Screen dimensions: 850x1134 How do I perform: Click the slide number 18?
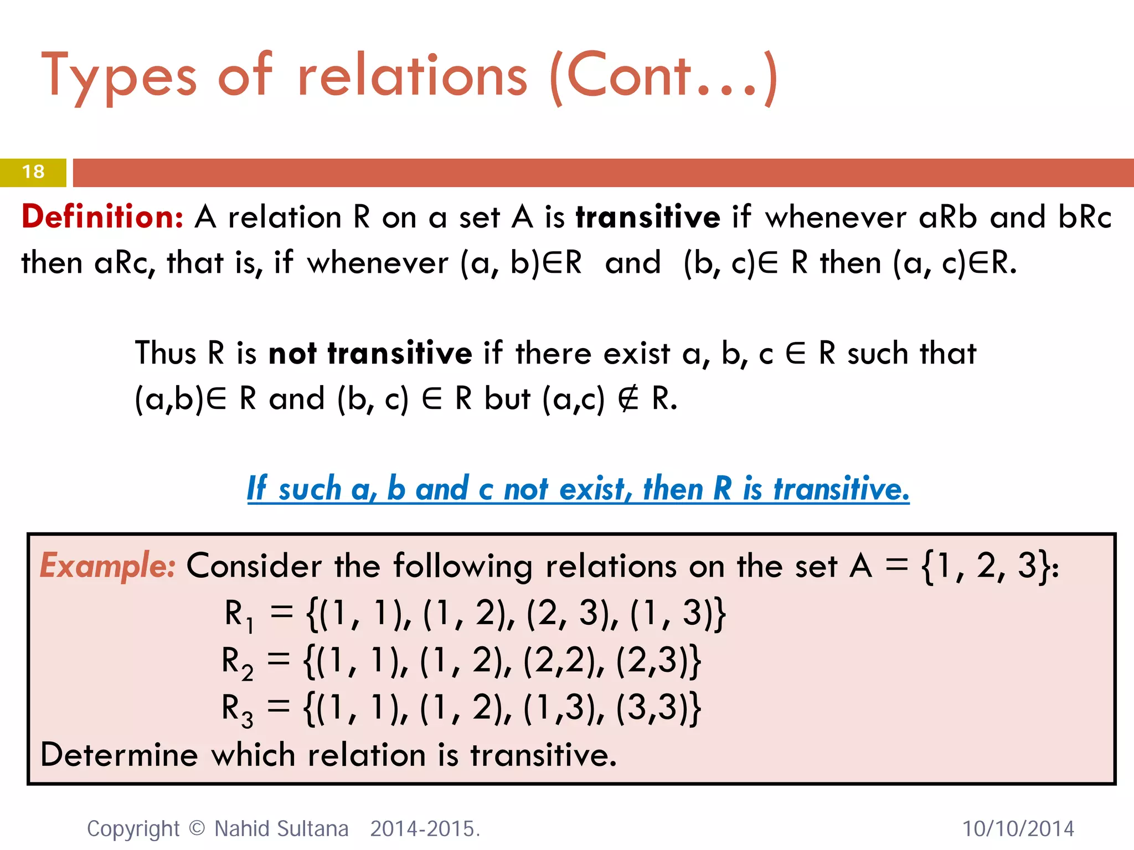click(33, 172)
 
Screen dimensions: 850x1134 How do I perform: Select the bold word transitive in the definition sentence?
click(648, 216)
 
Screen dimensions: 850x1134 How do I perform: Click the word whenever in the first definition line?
click(836, 216)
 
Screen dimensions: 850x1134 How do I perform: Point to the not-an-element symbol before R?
click(628, 398)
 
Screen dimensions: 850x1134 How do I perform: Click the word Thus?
click(166, 353)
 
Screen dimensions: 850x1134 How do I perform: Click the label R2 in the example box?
click(237, 662)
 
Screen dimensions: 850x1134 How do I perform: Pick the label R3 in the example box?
click(237, 709)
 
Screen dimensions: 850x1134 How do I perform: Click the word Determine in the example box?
click(119, 755)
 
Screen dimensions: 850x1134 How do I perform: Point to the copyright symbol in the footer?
click(197, 828)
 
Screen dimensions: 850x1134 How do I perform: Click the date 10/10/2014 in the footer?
click(1018, 829)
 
